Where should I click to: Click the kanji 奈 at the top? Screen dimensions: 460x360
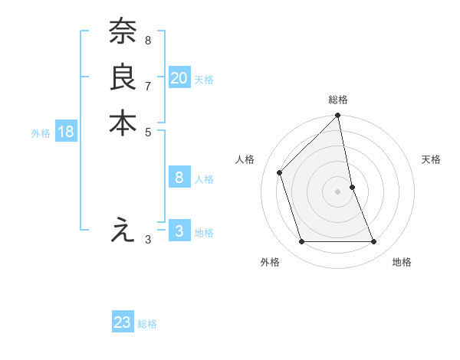[123, 32]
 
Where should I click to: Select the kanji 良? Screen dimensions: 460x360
[123, 77]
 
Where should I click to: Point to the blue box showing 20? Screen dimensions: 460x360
[179, 77]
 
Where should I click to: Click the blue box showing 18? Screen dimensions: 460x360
[66, 132]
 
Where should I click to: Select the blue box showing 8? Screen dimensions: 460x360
[179, 178]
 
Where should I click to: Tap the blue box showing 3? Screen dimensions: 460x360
[179, 231]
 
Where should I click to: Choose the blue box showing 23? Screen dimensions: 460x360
[123, 322]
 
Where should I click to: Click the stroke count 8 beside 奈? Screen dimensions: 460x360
[148, 39]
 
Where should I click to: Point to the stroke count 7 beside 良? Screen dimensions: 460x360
[148, 85]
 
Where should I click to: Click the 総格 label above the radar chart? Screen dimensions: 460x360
[338, 100]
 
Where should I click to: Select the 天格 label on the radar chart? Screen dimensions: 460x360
[432, 159]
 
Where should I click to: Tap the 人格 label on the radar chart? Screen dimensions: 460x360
[245, 159]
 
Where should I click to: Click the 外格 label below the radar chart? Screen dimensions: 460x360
[270, 262]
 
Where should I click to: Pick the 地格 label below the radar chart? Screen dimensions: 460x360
[402, 262]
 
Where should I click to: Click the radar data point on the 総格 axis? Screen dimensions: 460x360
[338, 116]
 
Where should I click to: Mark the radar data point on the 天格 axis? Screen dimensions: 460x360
[352, 186]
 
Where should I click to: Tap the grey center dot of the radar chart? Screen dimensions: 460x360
[338, 191]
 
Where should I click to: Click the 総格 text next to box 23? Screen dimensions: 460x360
[147, 324]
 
